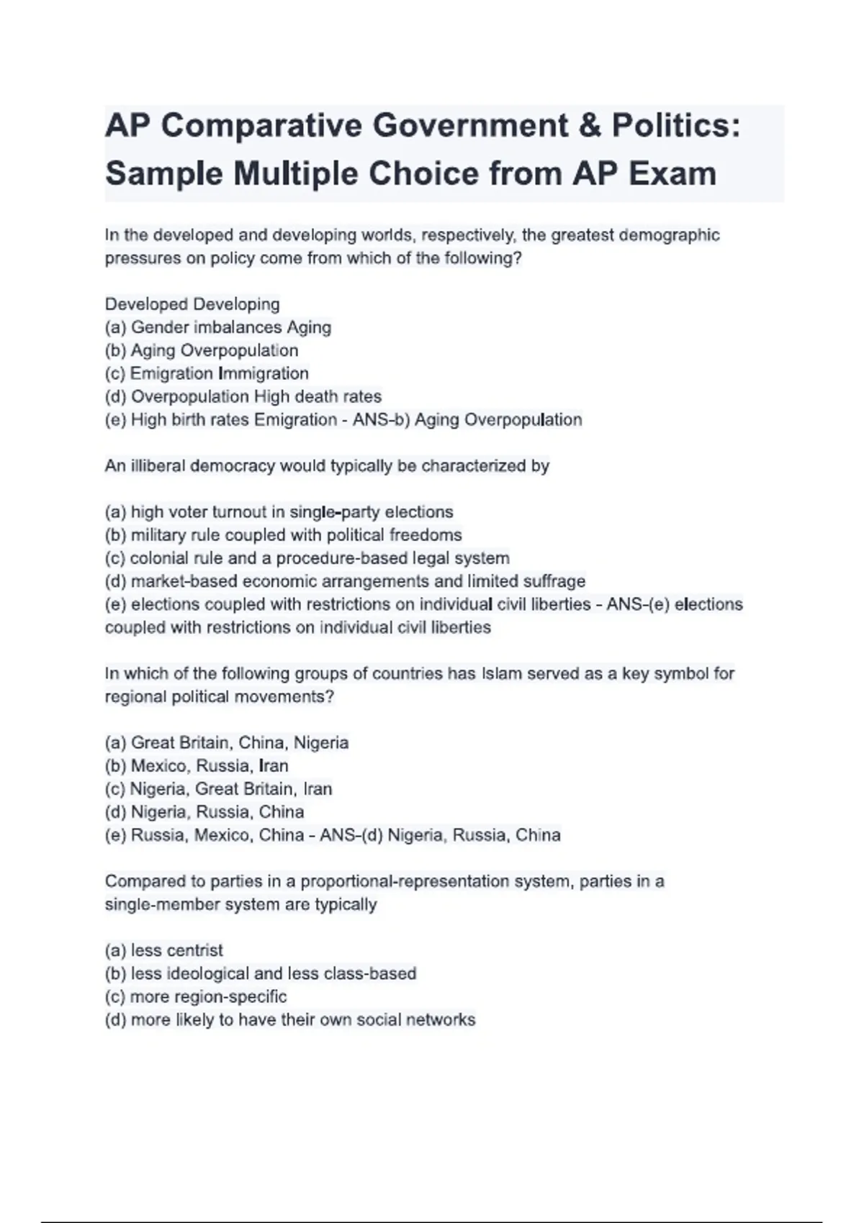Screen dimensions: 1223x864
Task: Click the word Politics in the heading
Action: pos(675,126)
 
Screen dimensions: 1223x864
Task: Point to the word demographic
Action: pos(669,235)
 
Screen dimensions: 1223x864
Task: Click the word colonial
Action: pos(156,558)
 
